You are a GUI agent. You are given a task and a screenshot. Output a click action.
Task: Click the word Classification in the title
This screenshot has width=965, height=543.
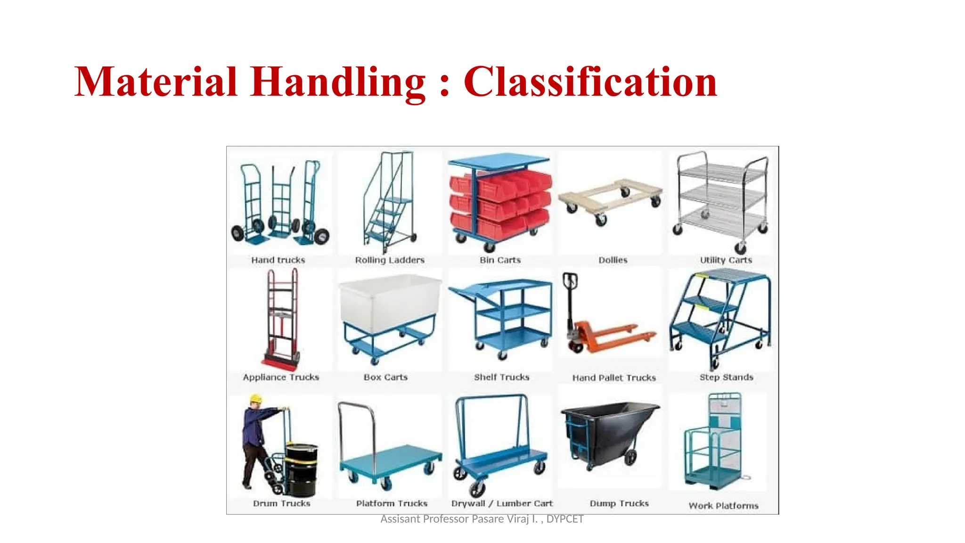tap(590, 82)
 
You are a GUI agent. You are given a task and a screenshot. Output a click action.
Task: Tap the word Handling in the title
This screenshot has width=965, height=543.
tap(338, 82)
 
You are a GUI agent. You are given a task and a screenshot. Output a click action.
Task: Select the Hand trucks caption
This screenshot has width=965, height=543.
tap(278, 260)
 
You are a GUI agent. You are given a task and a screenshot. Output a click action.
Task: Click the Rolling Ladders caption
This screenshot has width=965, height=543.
tap(390, 260)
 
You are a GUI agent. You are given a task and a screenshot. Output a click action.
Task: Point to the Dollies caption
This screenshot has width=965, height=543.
tap(613, 260)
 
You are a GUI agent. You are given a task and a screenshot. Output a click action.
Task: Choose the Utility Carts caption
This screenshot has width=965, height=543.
tap(726, 260)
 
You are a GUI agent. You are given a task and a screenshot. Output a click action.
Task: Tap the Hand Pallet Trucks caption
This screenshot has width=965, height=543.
tap(614, 378)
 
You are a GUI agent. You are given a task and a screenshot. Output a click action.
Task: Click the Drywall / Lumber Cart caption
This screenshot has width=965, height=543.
tap(502, 503)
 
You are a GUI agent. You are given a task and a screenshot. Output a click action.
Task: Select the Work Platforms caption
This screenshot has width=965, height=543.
tap(723, 506)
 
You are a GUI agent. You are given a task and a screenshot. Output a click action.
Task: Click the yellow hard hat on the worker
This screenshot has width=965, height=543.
tap(256, 399)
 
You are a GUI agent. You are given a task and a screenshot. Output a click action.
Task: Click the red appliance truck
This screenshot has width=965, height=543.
tap(282, 321)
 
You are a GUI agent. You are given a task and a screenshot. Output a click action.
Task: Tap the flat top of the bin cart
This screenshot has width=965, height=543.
tap(499, 161)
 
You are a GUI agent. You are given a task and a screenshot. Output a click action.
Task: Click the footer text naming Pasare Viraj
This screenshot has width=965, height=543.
tap(482, 519)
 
